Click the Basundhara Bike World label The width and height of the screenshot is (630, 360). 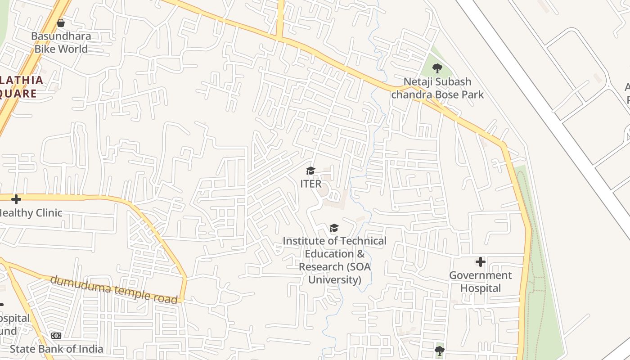tap(61, 42)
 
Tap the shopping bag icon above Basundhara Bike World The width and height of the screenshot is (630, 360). tap(61, 22)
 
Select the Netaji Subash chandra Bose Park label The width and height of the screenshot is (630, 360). tap(437, 88)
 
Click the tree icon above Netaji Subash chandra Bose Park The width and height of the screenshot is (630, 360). tap(437, 68)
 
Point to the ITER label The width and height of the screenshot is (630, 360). tap(311, 184)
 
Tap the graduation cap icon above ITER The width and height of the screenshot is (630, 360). tap(310, 171)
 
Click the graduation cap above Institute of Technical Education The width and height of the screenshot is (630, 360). tap(334, 228)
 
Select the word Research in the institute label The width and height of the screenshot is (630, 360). tap(321, 266)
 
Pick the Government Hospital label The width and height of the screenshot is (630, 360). tap(480, 282)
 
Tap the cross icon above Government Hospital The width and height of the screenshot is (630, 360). tap(481, 262)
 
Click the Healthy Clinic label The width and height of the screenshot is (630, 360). tap(31, 212)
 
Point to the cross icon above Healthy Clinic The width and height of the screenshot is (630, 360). tap(16, 199)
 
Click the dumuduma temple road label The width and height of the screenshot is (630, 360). tap(113, 289)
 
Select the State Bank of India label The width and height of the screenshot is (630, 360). tap(57, 349)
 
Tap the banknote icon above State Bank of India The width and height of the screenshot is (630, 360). tap(56, 336)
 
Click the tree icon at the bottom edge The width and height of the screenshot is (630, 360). tap(440, 350)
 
